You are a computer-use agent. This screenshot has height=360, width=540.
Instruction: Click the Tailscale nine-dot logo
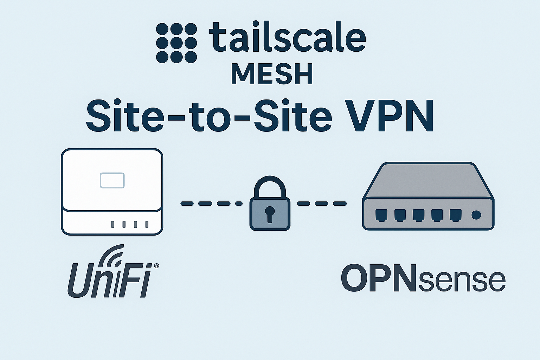[176, 43]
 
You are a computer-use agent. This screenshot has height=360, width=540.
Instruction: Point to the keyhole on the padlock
[270, 214]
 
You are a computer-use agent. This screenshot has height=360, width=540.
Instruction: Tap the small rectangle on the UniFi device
[112, 180]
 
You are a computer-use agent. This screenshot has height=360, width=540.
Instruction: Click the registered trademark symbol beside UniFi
[156, 266]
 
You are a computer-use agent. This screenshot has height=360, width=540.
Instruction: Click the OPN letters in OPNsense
[379, 279]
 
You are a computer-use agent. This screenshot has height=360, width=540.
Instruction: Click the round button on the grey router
[476, 215]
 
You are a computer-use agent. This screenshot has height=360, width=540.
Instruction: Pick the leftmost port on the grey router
[381, 215]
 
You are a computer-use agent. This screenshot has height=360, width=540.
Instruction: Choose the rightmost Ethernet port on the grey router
[455, 215]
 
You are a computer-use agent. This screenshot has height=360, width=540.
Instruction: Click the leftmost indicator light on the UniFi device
[112, 224]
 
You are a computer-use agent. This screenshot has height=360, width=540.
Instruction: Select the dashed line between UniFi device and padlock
[211, 204]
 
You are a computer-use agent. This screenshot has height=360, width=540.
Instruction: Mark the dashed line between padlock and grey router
[321, 204]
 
